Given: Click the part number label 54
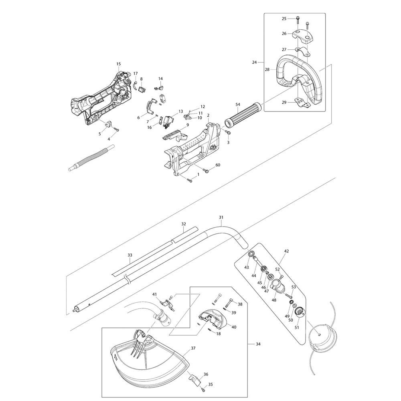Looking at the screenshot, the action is tap(238, 104).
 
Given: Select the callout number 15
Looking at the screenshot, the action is tap(118, 64).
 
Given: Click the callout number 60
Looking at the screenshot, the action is tap(218, 165).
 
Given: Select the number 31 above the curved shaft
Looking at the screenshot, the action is tap(221, 217).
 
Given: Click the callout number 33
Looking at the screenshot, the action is tap(130, 255).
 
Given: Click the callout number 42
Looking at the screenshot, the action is tap(286, 251).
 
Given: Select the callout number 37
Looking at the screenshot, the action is tap(193, 348).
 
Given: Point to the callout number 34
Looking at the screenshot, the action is tap(258, 344).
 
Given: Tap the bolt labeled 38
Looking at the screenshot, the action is tap(229, 303).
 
